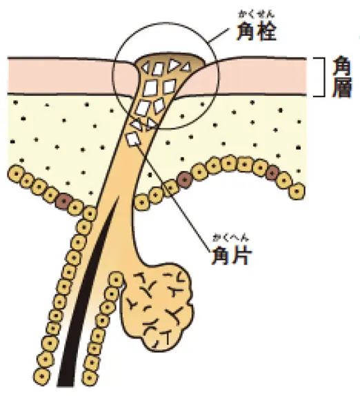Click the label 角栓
(256, 31)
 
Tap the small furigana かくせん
(256, 14)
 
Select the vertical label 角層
(342, 77)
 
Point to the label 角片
(232, 255)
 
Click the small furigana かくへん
(231, 239)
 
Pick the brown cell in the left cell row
(63, 201)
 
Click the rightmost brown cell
(272, 173)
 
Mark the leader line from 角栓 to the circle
(219, 34)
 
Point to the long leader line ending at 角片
(174, 195)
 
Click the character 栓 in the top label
(267, 31)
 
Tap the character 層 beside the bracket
(342, 88)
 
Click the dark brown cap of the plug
(169, 57)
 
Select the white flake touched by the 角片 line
(133, 139)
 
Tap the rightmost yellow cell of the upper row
(297, 191)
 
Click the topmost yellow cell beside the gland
(117, 280)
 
